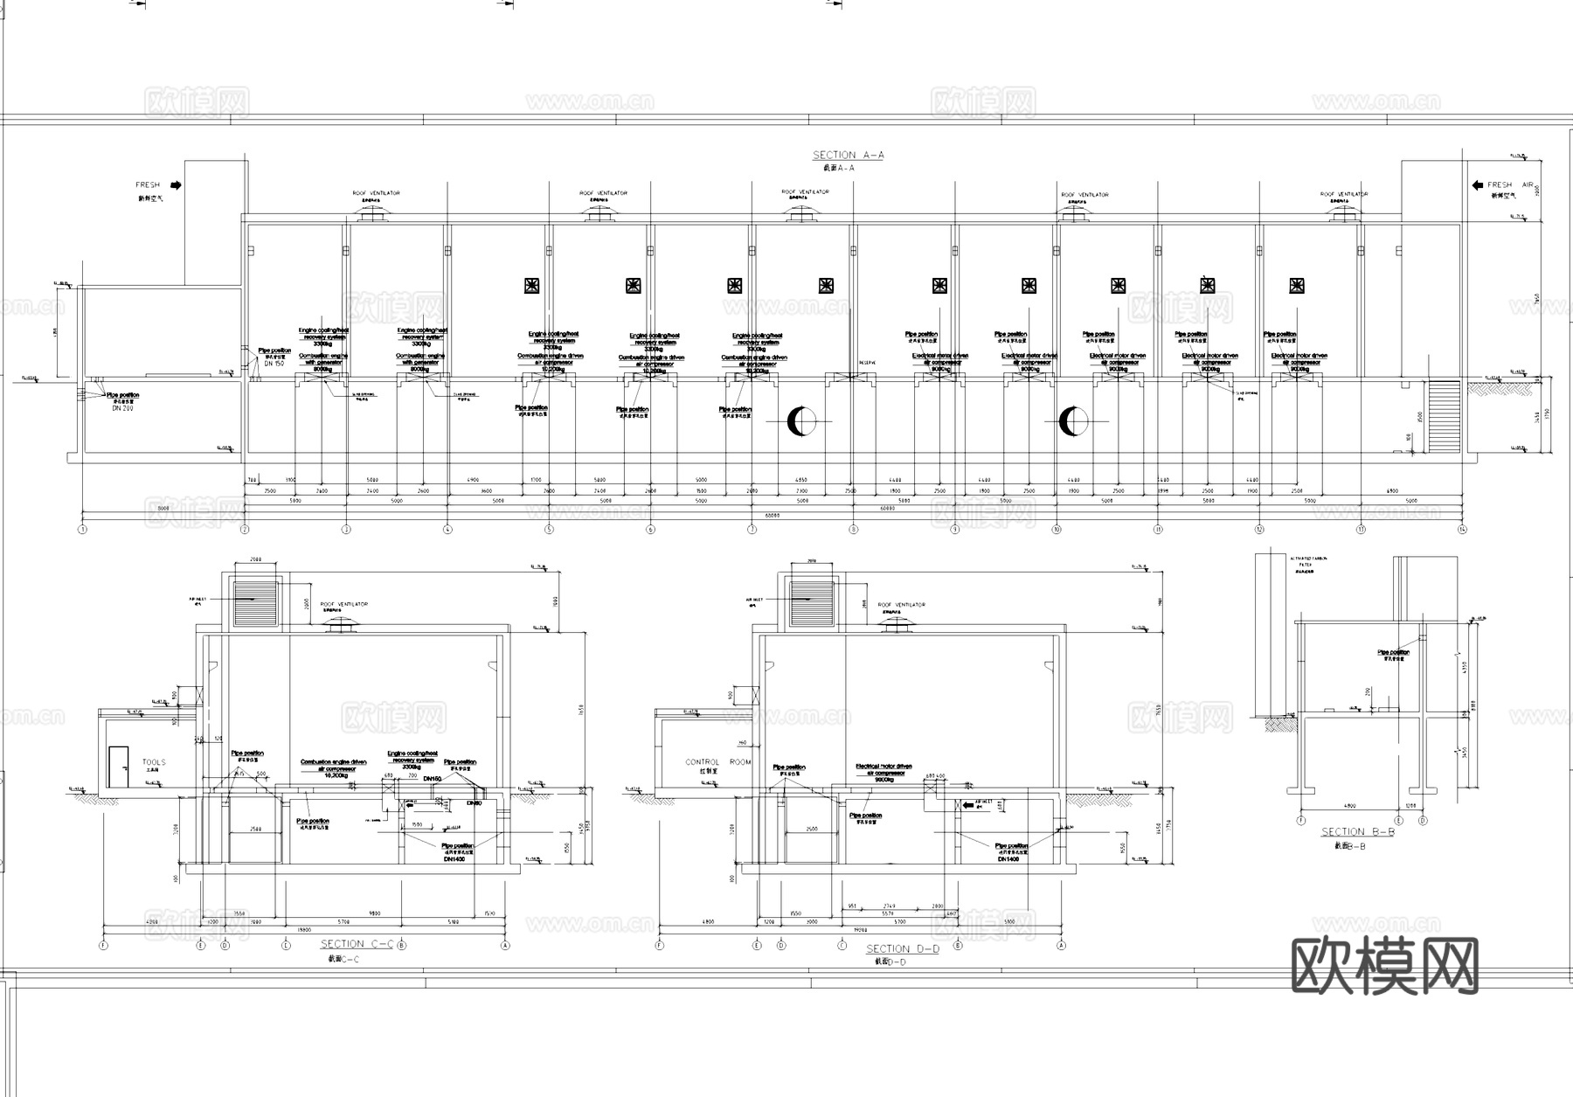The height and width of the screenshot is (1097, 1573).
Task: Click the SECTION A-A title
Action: coord(848,155)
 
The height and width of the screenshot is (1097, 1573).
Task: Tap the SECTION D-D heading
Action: coord(902,948)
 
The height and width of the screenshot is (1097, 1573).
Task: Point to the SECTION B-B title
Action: coord(1357,832)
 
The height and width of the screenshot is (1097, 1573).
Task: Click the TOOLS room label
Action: coord(154,762)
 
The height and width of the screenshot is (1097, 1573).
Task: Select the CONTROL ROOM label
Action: coord(717,762)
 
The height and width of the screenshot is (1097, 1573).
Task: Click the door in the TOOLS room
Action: coord(118,767)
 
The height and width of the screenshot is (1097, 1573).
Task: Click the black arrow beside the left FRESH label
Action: coord(176,185)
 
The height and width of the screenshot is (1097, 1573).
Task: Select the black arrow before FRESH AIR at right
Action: coord(1478,185)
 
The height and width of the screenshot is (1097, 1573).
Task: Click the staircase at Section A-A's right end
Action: coord(1443,416)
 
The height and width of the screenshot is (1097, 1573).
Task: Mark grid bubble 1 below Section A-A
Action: coord(83,530)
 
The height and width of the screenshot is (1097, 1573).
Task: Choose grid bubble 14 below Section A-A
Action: coord(1463,530)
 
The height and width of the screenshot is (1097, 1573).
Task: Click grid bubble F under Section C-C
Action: coord(103,945)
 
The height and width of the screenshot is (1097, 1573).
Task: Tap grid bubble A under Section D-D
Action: coord(1062,945)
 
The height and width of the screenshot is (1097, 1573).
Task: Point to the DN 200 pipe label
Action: coord(122,408)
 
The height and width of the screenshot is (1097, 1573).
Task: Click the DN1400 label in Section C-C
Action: coord(454,859)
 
